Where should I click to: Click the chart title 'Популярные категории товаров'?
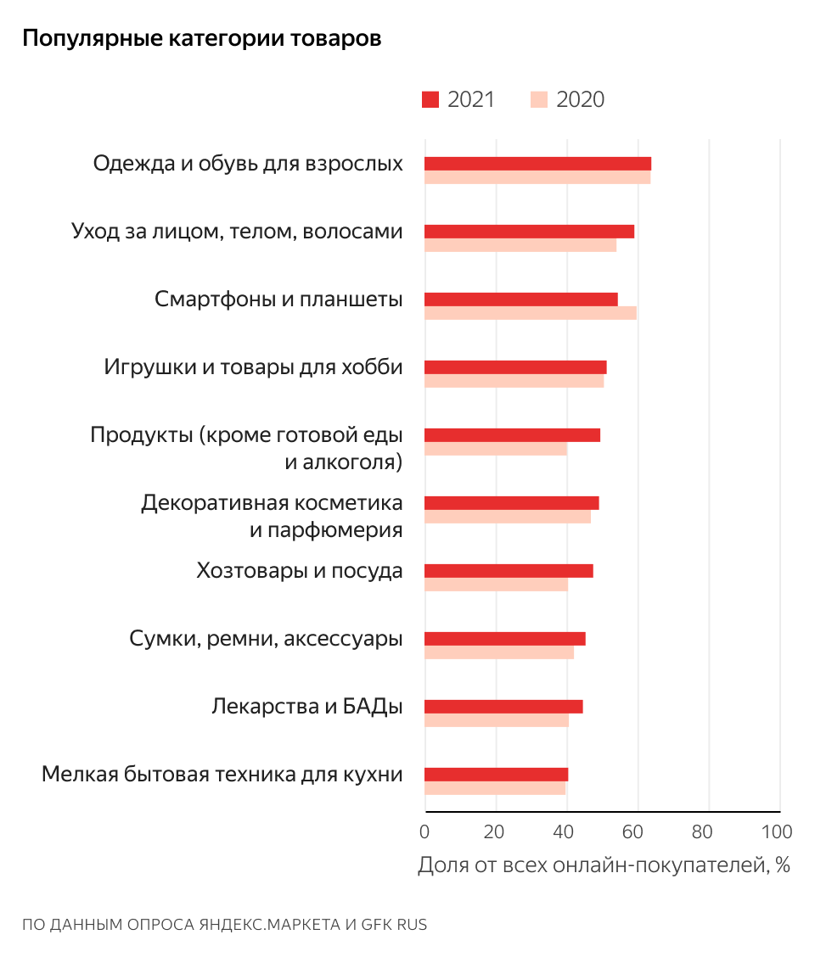(201, 39)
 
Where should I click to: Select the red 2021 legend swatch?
(430, 100)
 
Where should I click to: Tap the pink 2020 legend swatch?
(538, 100)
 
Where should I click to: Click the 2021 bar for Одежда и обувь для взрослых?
(537, 164)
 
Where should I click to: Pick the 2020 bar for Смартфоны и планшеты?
(530, 313)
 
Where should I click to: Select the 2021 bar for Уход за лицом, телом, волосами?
(529, 232)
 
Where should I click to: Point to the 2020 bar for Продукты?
(495, 449)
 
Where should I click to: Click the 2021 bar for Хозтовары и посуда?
(509, 571)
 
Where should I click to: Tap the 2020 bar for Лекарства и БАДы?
(496, 720)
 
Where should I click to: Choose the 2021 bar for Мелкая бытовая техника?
(496, 775)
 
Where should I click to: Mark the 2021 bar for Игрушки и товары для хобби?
(515, 367)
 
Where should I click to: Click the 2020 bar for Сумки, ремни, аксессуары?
(498, 652)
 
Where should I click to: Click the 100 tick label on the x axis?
(777, 831)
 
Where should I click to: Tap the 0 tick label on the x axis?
(424, 831)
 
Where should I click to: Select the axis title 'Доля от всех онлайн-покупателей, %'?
(604, 865)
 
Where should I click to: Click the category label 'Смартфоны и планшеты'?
(278, 299)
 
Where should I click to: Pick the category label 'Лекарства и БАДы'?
(306, 707)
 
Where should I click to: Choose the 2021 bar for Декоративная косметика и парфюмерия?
(511, 503)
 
